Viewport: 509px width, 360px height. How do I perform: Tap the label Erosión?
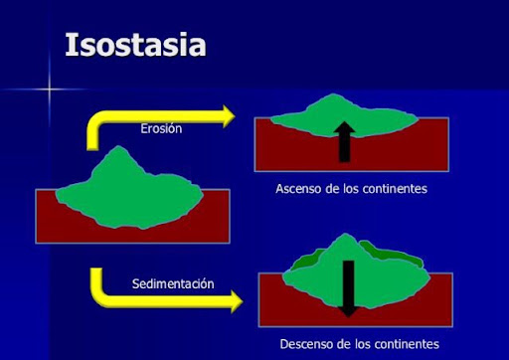[x=161, y=128]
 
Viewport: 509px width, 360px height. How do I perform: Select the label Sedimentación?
[x=173, y=283]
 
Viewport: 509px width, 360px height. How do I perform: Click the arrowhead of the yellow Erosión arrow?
[x=226, y=116]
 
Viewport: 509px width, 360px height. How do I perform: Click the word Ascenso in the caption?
[x=301, y=188]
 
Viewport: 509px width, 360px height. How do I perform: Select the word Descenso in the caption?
[x=309, y=343]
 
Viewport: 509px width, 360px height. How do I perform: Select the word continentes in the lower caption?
[x=406, y=343]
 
